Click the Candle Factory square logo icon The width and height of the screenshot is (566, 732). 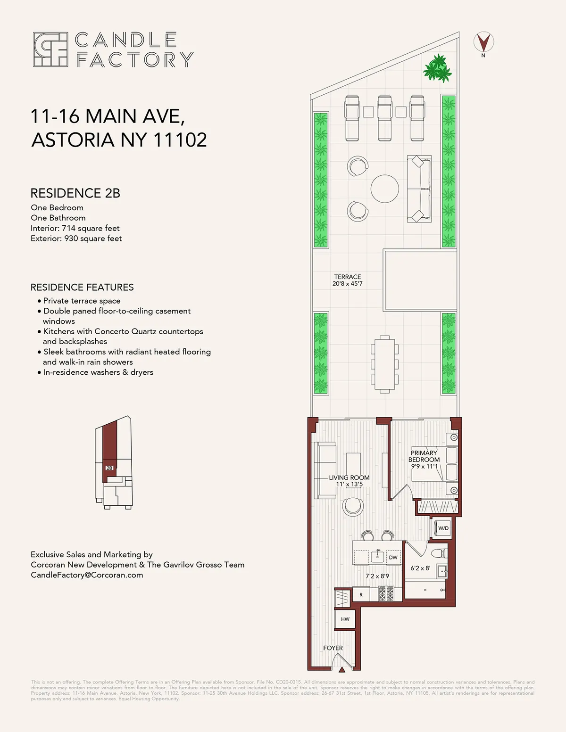[x=50, y=49]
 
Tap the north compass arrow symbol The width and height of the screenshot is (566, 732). [x=483, y=42]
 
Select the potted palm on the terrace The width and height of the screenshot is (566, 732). [x=438, y=68]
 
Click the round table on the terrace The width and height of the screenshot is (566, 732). [x=384, y=189]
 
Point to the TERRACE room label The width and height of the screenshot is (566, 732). [x=348, y=277]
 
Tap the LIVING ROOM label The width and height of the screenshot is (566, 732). [x=350, y=477]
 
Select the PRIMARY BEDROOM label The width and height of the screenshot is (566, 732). [x=424, y=456]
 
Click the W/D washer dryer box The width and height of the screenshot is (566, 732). [x=443, y=528]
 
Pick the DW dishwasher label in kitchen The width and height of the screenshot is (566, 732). [x=393, y=558]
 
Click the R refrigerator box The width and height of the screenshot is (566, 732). [x=361, y=595]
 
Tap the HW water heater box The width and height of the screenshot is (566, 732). [x=345, y=619]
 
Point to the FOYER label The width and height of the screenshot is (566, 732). [x=333, y=648]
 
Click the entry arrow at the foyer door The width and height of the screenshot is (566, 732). [x=342, y=668]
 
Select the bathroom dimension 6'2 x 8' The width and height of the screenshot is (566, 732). [x=420, y=568]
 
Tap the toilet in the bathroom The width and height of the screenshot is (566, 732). [x=439, y=553]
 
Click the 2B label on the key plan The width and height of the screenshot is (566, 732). [x=109, y=468]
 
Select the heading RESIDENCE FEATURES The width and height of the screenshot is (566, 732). [x=82, y=288]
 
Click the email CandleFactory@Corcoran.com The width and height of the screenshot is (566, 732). [x=87, y=575]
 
